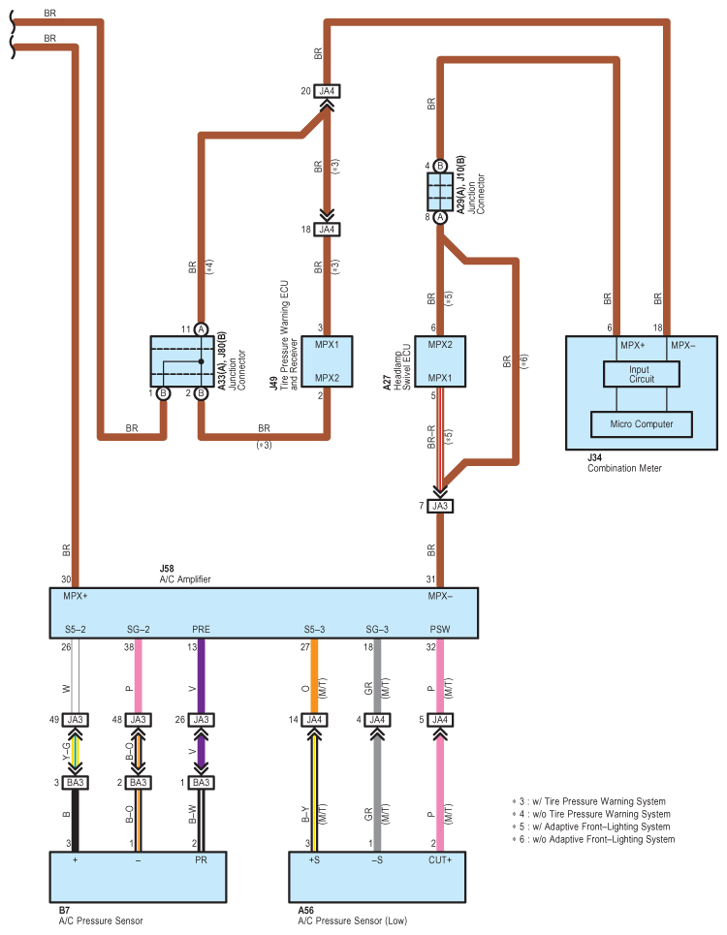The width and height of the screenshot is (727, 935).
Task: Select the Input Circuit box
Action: coord(641,373)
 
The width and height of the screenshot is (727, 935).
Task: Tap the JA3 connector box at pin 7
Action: coord(440,506)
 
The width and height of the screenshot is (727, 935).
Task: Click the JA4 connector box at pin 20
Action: coord(328,92)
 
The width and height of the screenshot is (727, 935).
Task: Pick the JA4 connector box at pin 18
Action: coord(328,230)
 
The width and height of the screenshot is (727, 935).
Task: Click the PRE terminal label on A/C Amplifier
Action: coord(202,629)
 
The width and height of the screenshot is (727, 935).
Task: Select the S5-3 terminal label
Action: coord(315,629)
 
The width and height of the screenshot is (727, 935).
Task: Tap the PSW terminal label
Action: coord(439,629)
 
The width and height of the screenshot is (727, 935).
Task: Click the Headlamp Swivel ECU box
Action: coord(440,361)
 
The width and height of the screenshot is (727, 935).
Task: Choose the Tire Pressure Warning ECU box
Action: coord(328,361)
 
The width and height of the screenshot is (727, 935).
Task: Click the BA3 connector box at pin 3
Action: coord(76,782)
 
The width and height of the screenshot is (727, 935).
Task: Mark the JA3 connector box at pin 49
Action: coord(76,720)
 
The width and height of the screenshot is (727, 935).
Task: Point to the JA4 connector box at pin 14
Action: coord(315,720)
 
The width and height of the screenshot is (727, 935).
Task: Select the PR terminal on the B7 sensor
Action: coord(200,860)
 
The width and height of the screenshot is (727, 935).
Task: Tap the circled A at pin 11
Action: coord(201,329)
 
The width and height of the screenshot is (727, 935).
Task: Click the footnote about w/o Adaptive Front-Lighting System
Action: coord(592,839)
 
